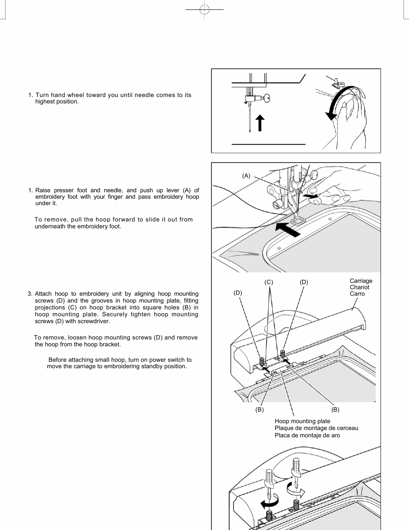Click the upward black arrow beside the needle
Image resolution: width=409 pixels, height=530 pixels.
(x=259, y=123)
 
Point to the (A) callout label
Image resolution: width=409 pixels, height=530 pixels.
(x=246, y=176)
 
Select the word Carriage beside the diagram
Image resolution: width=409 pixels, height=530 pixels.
(x=361, y=281)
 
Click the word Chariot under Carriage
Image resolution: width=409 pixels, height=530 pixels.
(x=359, y=287)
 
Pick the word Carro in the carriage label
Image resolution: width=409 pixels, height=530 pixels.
(x=357, y=294)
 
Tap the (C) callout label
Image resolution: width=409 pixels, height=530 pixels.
(x=268, y=282)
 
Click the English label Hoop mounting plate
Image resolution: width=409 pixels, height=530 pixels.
(x=302, y=421)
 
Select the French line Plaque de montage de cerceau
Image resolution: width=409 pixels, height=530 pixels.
(x=316, y=428)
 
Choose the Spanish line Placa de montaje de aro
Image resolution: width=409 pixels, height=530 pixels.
(x=307, y=435)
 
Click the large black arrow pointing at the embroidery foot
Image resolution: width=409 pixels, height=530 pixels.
(x=288, y=229)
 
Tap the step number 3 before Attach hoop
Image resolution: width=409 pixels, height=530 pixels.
(x=30, y=294)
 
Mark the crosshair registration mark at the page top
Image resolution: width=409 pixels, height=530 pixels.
(x=204, y=9)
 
